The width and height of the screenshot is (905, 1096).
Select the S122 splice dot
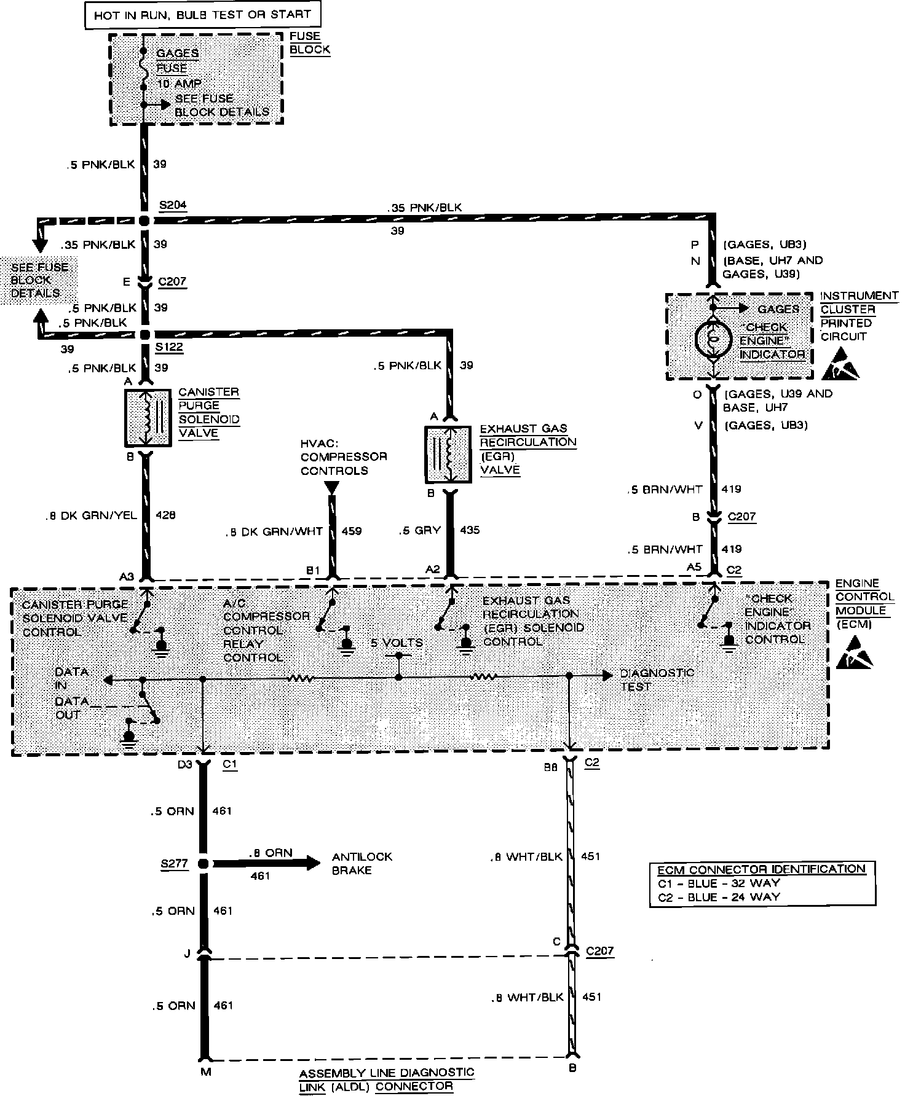145,335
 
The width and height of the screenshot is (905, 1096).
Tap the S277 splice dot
204,863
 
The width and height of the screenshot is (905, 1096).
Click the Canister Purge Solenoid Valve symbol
148,418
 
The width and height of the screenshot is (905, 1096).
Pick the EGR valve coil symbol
449,455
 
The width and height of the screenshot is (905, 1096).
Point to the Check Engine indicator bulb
713,337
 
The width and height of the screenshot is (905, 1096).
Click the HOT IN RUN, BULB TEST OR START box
202,15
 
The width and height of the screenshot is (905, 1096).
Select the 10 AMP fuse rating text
179,83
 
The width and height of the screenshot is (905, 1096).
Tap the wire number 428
165,515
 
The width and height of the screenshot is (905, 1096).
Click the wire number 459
351,531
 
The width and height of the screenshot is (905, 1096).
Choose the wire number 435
469,530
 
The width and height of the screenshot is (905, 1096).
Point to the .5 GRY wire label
420,530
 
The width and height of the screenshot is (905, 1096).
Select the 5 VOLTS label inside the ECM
397,643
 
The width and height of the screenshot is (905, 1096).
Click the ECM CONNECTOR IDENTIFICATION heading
761,869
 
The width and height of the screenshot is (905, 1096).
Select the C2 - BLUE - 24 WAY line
719,896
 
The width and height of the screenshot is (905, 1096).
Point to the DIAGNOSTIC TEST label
657,679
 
